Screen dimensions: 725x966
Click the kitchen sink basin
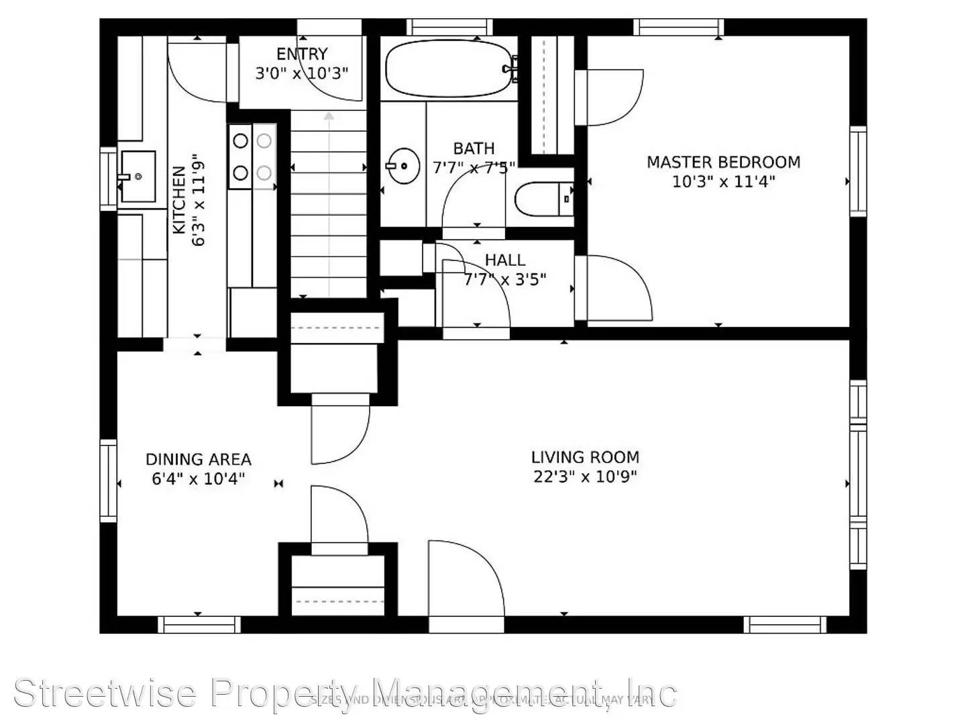[138, 177]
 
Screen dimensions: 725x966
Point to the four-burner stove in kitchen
[252, 157]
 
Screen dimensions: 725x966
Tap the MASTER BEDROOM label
[723, 162]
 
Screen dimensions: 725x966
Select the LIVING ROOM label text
[585, 457]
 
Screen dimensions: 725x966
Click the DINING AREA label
[198, 460]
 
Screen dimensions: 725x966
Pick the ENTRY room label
[302, 54]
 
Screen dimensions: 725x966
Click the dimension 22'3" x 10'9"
[585, 477]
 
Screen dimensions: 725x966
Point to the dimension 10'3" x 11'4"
[723, 181]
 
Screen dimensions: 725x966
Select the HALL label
[504, 260]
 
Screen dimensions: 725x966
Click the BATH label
[474, 148]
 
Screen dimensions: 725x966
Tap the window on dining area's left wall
[108, 480]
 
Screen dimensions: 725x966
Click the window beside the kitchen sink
[108, 179]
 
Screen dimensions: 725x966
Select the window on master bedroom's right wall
[858, 171]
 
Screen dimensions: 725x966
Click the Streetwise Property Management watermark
[345, 693]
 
